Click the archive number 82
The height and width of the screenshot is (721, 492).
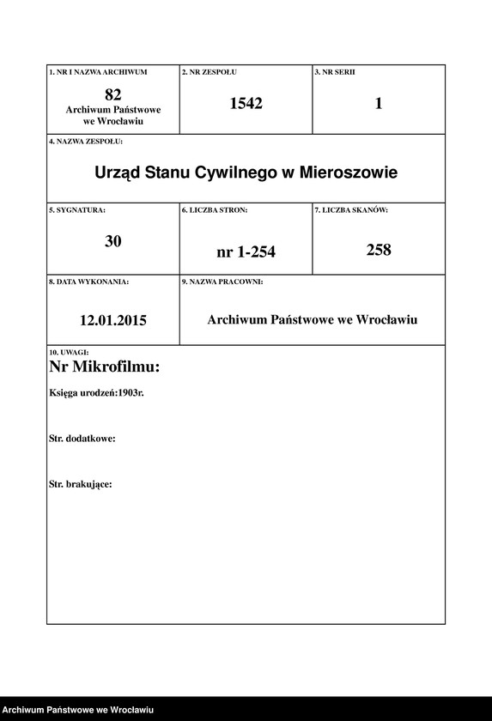click(112, 94)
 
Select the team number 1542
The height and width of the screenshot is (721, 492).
click(246, 104)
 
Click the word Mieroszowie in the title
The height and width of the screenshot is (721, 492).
click(348, 173)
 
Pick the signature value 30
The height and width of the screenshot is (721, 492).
click(113, 241)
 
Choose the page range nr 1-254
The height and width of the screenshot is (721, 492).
click(246, 251)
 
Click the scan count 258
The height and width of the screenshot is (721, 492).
click(378, 250)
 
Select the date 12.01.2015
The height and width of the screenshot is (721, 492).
click(113, 320)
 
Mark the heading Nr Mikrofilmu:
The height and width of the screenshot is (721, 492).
click(105, 367)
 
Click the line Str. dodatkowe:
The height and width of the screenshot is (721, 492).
click(82, 438)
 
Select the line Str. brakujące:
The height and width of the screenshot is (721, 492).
click(81, 484)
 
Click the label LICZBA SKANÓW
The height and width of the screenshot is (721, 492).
click(351, 210)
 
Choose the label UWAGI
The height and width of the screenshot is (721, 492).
click(70, 352)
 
